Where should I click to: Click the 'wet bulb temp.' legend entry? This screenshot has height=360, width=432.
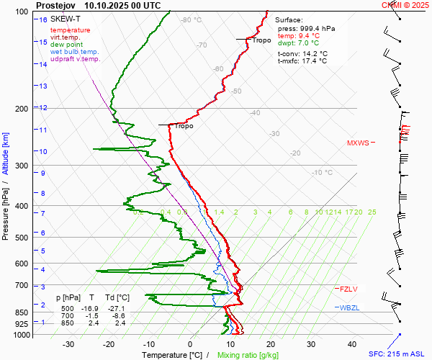click(74, 52)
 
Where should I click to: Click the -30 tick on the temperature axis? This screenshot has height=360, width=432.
click(68, 344)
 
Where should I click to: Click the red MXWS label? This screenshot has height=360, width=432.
click(378, 143)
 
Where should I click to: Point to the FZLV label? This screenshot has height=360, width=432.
click(348, 289)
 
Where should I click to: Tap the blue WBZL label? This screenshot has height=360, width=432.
click(348, 308)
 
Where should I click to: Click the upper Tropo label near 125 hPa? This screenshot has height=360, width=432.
click(261, 40)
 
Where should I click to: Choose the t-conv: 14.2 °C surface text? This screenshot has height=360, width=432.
click(302, 53)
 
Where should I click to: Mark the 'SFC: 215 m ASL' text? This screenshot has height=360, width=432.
click(400, 354)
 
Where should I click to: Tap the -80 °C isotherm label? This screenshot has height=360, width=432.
click(191, 20)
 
